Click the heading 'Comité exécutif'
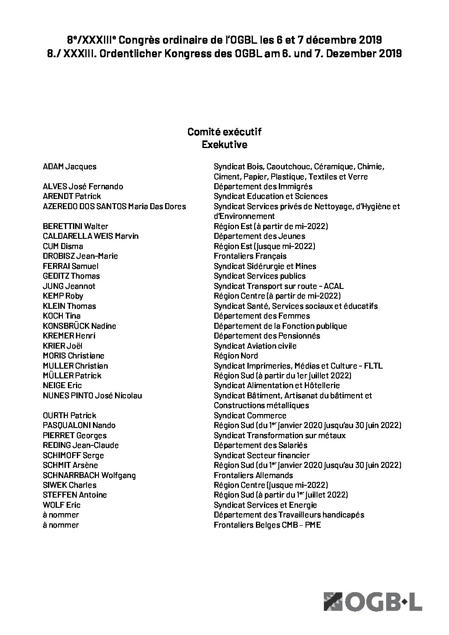coord(224,132)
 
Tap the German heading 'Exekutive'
coord(224,145)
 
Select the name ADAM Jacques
coord(70,167)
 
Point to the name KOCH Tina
coord(62,316)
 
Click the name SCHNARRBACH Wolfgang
coord(89,475)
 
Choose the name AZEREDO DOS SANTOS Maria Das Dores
coord(114,206)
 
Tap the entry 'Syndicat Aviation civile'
coord(255,346)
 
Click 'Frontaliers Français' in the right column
coord(250,256)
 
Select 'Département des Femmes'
coord(262,316)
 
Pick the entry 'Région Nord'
coord(236,355)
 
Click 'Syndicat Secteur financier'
coord(262,455)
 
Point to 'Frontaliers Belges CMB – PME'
coord(267,525)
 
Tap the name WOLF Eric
coord(62,505)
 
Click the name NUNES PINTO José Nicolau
coord(93,395)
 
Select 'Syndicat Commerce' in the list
coord(250,415)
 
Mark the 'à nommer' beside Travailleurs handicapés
coord(61,515)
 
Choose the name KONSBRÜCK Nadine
coord(79,326)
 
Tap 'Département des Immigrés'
coord(263,186)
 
